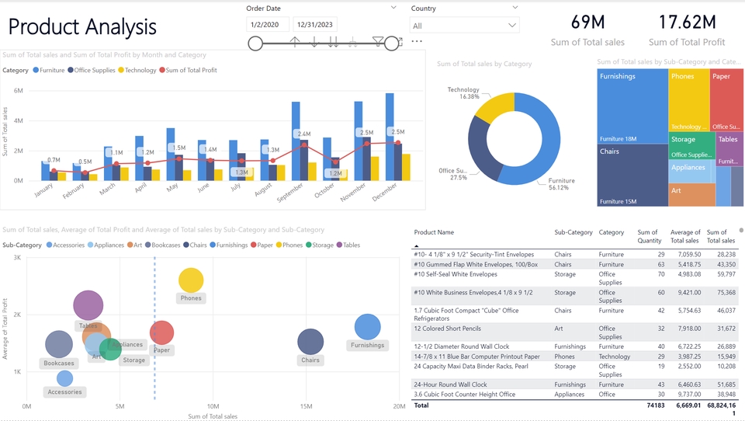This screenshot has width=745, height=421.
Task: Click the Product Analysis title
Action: (x=82, y=27)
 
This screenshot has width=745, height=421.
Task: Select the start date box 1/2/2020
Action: (x=267, y=25)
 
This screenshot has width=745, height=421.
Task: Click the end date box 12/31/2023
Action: (x=317, y=25)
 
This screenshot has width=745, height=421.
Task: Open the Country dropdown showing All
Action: (x=464, y=26)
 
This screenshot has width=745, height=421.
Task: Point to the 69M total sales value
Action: (x=587, y=22)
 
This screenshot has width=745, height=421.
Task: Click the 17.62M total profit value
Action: (x=686, y=22)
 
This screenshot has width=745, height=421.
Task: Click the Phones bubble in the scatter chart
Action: (x=190, y=281)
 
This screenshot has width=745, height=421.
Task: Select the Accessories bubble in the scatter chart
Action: (x=64, y=378)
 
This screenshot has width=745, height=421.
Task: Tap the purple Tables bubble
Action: (x=88, y=306)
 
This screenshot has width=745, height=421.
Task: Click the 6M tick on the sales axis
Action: (x=18, y=91)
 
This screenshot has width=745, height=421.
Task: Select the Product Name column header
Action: (x=434, y=232)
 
